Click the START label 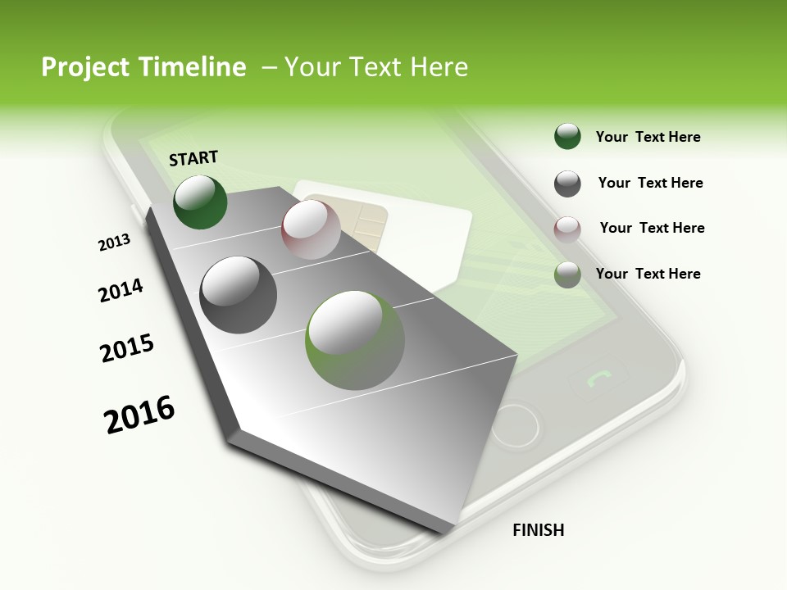193,158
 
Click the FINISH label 538,530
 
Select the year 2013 114,243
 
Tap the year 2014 121,290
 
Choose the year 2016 139,414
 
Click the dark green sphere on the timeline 200,202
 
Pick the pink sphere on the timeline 311,230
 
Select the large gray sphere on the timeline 239,295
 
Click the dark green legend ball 567,137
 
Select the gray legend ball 567,184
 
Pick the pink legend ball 567,229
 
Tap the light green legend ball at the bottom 567,275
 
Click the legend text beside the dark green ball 648,137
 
